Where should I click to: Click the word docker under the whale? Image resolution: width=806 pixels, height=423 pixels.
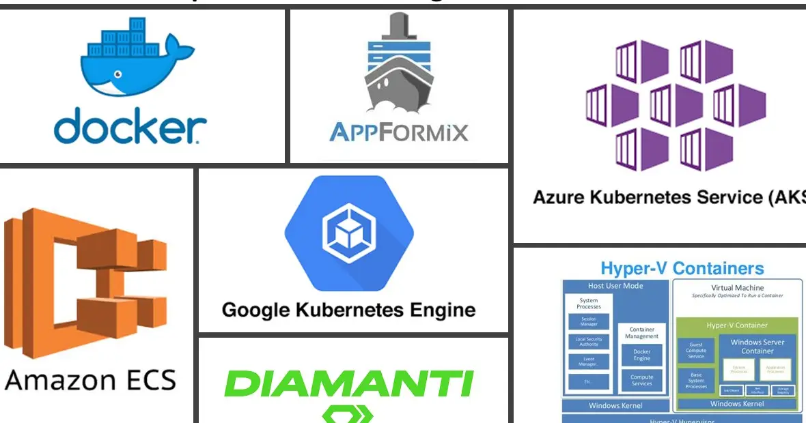click(x=130, y=127)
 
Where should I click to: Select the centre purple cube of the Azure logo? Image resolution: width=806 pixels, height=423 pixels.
click(x=661, y=105)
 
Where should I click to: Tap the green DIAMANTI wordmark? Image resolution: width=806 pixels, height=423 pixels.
click(x=348, y=383)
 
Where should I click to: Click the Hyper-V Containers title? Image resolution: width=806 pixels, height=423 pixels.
click(x=682, y=268)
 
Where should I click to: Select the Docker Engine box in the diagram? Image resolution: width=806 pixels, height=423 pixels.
click(x=641, y=355)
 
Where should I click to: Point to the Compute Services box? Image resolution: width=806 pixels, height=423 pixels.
click(x=641, y=380)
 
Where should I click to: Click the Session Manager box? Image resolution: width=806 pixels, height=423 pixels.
click(x=589, y=321)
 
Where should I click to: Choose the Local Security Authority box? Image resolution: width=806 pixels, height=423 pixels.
click(x=589, y=342)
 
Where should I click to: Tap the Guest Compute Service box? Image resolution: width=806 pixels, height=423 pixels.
click(x=696, y=350)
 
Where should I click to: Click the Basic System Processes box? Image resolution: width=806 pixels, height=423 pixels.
click(x=696, y=380)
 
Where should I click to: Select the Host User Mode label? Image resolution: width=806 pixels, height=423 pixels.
click(x=615, y=286)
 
